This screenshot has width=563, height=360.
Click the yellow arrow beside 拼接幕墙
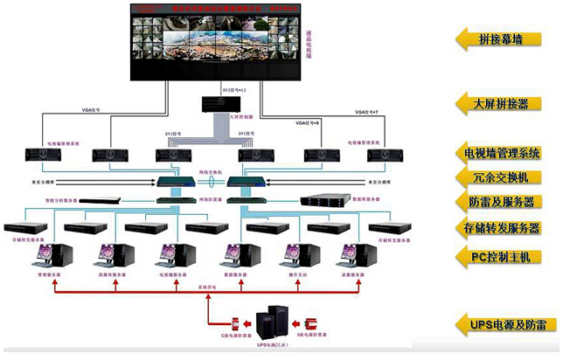465,38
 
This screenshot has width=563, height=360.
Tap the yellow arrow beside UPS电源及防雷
465,324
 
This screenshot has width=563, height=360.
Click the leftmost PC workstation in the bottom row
47,254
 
